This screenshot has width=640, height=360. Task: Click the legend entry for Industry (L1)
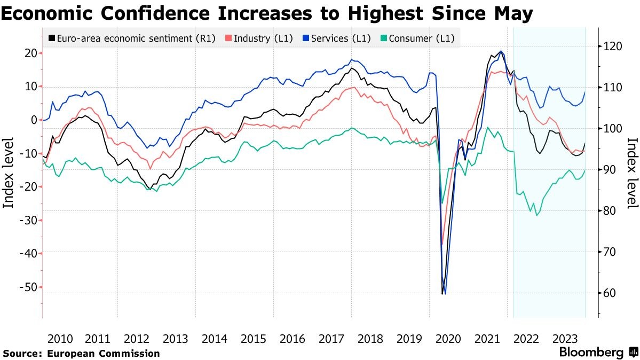click(x=259, y=38)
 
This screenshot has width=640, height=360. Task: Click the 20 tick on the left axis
click(x=29, y=53)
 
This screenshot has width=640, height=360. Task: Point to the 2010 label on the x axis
click(x=60, y=339)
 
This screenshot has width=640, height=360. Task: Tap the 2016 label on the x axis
click(x=293, y=339)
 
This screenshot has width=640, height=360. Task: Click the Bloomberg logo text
click(x=591, y=353)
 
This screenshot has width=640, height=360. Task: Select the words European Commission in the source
click(x=103, y=353)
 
